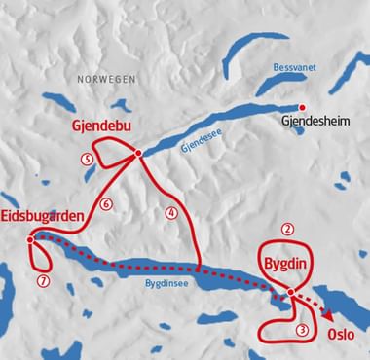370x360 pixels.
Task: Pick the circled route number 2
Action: (286, 230)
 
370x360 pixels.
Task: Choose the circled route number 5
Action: (88, 160)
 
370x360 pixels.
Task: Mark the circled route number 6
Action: (107, 203)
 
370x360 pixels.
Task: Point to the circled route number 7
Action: (41, 281)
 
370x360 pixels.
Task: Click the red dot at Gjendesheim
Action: (302, 108)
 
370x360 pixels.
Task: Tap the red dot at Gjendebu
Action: (138, 153)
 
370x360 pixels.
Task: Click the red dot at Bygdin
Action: (291, 293)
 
